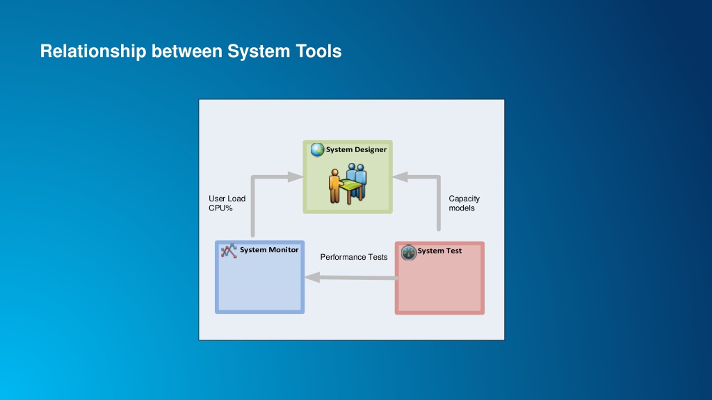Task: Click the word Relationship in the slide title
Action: pyautogui.click(x=93, y=51)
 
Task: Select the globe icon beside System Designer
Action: pyautogui.click(x=317, y=149)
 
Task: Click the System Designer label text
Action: pyautogui.click(x=356, y=150)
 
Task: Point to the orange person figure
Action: pyautogui.click(x=334, y=186)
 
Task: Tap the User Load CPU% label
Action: pyautogui.click(x=227, y=203)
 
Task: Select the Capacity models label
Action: pyautogui.click(x=464, y=203)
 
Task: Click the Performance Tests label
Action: pyautogui.click(x=354, y=257)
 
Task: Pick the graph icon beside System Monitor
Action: pyautogui.click(x=229, y=251)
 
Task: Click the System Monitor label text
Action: pyautogui.click(x=269, y=250)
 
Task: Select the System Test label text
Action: pyautogui.click(x=439, y=251)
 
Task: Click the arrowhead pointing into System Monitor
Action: pyautogui.click(x=312, y=277)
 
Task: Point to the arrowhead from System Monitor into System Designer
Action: pyautogui.click(x=295, y=177)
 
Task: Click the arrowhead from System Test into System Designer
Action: pyautogui.click(x=400, y=177)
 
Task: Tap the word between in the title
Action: pyautogui.click(x=186, y=51)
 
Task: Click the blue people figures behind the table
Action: pyautogui.click(x=357, y=181)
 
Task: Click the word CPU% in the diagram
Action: pyautogui.click(x=220, y=208)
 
